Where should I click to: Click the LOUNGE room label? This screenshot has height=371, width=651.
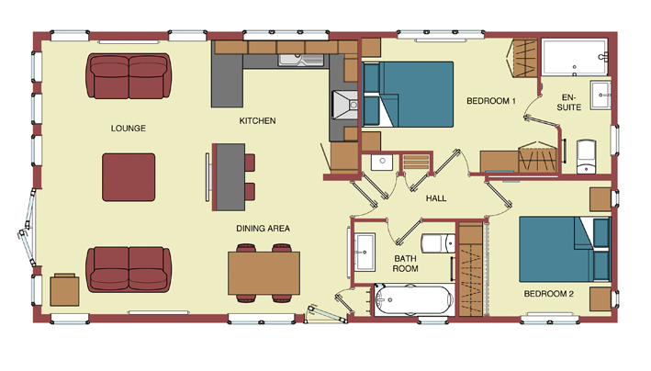[x=129, y=129]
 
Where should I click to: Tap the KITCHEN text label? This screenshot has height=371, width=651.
[x=257, y=121]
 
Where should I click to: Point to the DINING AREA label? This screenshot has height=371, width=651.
[x=263, y=229]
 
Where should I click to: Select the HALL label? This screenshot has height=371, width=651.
[x=436, y=198]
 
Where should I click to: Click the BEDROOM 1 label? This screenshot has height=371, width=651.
[x=491, y=101]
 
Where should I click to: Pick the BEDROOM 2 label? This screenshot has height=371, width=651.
[x=549, y=294]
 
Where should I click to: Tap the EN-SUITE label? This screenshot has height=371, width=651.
[x=568, y=102]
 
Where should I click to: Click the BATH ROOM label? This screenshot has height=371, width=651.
[x=405, y=264]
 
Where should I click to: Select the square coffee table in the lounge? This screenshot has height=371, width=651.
[x=129, y=177]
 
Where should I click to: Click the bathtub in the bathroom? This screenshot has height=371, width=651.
[x=413, y=300]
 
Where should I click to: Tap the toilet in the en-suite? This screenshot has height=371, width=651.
[x=586, y=157]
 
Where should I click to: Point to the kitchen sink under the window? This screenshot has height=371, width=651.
[x=301, y=61]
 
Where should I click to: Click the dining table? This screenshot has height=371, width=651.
[x=264, y=274]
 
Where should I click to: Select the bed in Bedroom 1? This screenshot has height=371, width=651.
[x=408, y=95]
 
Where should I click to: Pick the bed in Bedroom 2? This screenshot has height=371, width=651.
[x=565, y=249]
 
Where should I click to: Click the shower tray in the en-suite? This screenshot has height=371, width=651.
[x=575, y=57]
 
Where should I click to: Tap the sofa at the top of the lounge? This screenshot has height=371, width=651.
[x=129, y=76]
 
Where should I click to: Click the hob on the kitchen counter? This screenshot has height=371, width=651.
[x=344, y=105]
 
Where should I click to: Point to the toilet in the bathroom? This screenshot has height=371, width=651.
[x=438, y=243]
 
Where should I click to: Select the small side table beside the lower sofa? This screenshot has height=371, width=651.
[x=65, y=290]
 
